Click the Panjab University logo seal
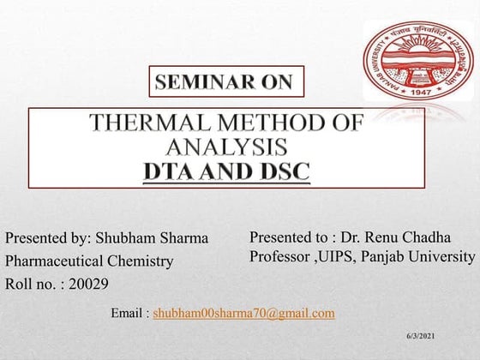tap(417, 60)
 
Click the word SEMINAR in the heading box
tap(195, 82)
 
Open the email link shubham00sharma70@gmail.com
tap(243, 313)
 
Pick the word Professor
tap(281, 256)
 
